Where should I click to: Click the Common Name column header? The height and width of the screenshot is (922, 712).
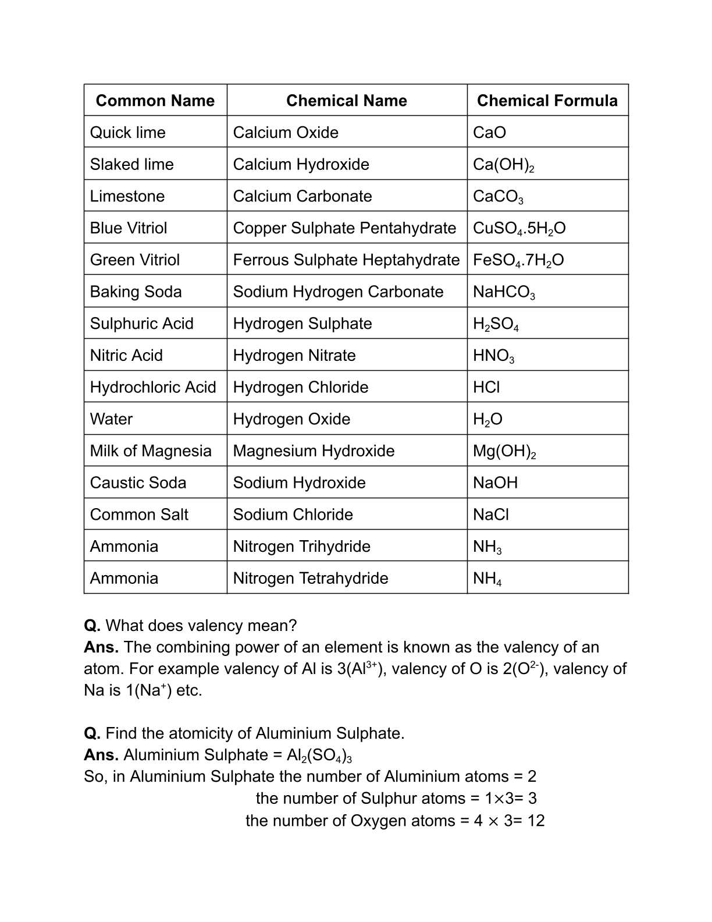click(x=155, y=101)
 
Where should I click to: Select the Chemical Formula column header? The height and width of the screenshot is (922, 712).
click(x=547, y=101)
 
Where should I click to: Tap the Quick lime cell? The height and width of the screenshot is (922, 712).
click(x=127, y=133)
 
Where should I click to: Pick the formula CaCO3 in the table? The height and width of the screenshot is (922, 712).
click(x=498, y=197)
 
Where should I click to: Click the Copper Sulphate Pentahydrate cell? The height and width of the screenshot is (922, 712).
click(x=344, y=228)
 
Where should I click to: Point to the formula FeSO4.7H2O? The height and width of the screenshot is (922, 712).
click(x=518, y=260)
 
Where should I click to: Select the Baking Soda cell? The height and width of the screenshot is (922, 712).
click(x=136, y=292)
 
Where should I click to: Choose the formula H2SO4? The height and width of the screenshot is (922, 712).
click(x=496, y=324)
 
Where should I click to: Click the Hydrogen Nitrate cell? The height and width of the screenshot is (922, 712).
click(x=294, y=356)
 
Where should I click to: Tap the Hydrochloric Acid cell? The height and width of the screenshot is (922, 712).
click(x=153, y=388)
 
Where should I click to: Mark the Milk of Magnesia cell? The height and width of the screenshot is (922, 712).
click(x=151, y=451)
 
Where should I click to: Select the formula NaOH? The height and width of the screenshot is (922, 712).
click(x=495, y=483)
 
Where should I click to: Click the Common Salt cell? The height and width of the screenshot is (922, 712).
click(x=139, y=515)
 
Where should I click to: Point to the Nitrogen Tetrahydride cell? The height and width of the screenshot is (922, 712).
click(x=311, y=579)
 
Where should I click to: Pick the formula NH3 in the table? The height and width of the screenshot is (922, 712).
click(x=487, y=547)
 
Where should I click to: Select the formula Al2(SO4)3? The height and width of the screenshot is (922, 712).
click(x=319, y=756)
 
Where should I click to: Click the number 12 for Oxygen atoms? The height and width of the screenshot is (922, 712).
click(x=536, y=821)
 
